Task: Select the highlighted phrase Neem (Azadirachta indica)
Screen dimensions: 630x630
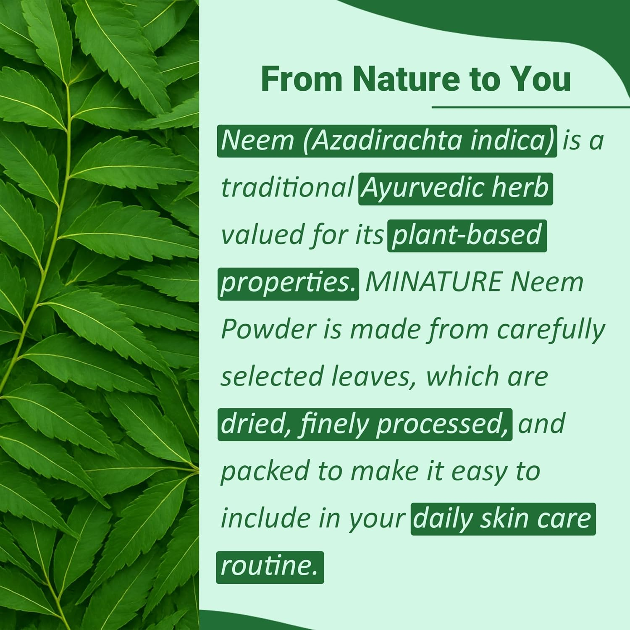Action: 387,141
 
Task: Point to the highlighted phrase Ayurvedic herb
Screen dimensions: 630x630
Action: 455,188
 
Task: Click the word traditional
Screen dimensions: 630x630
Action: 287,188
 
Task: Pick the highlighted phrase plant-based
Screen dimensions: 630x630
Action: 467,235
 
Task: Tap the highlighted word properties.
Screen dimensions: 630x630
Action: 288,283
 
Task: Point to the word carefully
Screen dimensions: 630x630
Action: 551,331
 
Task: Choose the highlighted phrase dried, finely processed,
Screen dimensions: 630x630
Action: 365,424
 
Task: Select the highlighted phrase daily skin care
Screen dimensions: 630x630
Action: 503,519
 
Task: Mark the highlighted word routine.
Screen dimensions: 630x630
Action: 270,567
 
